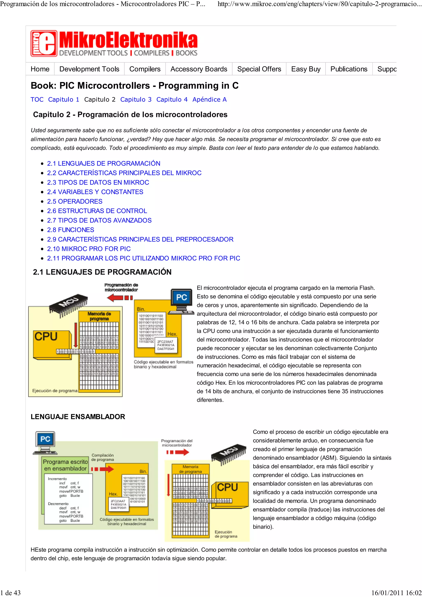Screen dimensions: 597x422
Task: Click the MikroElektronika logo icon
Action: click(44, 43)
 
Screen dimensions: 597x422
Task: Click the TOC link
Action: click(37, 99)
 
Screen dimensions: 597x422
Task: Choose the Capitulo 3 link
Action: click(136, 99)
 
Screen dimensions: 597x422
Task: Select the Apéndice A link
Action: click(209, 99)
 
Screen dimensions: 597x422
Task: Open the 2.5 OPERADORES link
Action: click(75, 201)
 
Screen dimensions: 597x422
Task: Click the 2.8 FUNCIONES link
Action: click(70, 230)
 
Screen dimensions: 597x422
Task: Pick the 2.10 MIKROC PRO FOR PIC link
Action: click(89, 249)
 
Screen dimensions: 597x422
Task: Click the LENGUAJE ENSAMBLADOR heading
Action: click(78, 417)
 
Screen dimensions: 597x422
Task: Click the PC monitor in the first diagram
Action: click(181, 298)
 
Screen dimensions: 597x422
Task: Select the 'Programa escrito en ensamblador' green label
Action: click(65, 465)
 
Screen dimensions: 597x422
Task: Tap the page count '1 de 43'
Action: click(10, 593)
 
